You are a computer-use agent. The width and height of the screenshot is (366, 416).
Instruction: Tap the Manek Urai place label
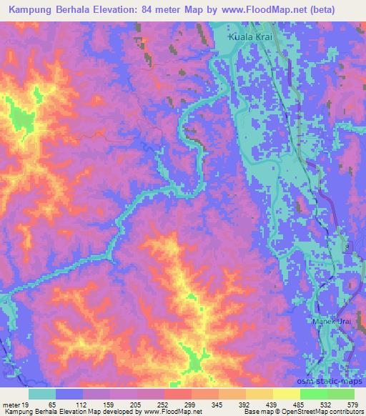(x=332, y=322)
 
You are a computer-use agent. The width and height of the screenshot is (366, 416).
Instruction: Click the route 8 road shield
(x=348, y=246)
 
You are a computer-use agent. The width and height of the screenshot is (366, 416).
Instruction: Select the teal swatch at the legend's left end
(x=42, y=395)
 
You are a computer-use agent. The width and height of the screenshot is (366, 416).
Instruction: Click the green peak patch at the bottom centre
(x=192, y=361)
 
